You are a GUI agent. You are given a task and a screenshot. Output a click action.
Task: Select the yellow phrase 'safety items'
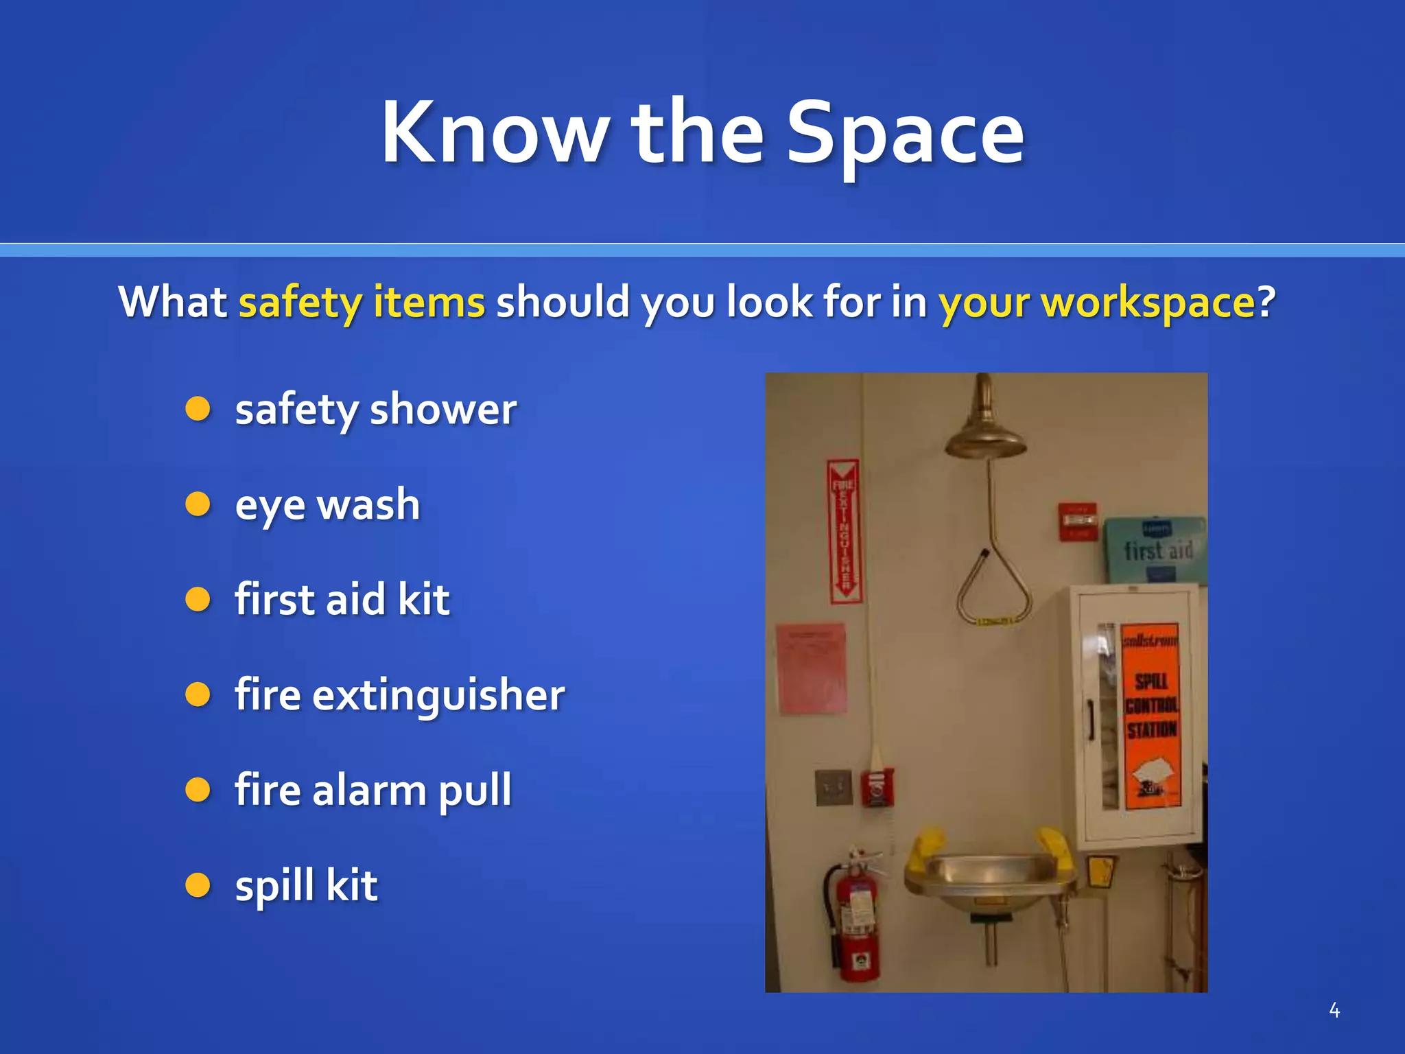[362, 302]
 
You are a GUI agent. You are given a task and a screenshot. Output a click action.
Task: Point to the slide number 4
[1334, 1010]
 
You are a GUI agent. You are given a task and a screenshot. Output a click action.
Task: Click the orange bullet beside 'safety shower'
[198, 409]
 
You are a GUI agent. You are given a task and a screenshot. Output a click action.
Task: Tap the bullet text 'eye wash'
[327, 505]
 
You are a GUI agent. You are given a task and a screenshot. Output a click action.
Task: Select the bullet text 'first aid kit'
[342, 600]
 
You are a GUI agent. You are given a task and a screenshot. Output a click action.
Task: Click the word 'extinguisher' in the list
[438, 695]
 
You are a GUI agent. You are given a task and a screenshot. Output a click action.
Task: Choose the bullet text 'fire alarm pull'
[373, 790]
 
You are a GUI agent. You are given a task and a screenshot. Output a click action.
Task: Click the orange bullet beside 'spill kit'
[198, 885]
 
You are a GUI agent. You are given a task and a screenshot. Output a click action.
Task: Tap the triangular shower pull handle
[992, 587]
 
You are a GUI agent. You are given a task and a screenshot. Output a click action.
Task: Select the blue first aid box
[1157, 549]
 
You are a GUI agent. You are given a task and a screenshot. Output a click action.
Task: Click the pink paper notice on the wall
[811, 667]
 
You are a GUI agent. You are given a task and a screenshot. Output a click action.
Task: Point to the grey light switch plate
[833, 787]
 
